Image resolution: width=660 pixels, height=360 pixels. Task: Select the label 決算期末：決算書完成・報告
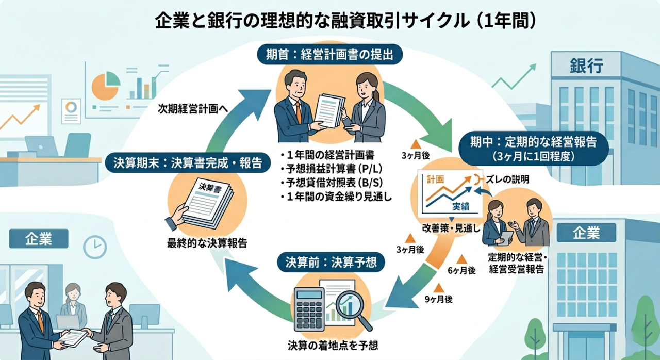coord(188,163)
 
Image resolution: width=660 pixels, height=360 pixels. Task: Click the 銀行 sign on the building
coord(587,67)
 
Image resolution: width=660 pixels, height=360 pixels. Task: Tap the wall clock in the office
coord(94,247)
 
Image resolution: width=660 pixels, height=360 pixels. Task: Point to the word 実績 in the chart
coord(461,207)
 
